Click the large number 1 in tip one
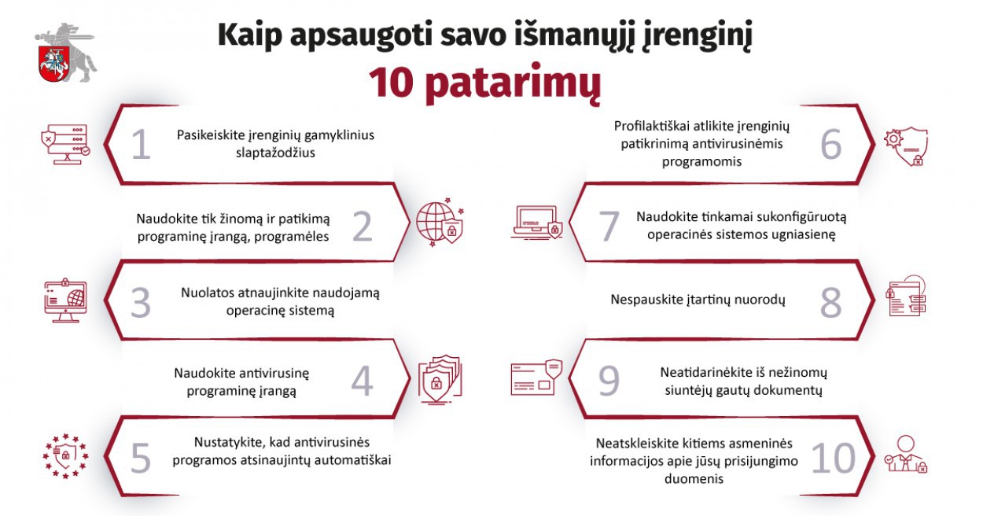[141, 145]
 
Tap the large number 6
[830, 145]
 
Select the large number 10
[834, 458]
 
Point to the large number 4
[362, 381]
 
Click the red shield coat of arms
[55, 64]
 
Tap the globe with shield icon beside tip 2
[440, 222]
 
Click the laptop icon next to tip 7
[536, 222]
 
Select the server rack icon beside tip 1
[66, 145]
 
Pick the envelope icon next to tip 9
[536, 378]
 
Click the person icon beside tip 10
[906, 454]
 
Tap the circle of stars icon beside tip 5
[65, 456]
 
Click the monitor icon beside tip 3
[66, 300]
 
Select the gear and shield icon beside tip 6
[906, 146]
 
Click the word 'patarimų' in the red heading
[513, 83]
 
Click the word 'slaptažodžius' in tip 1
[275, 153]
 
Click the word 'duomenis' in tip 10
[694, 478]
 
